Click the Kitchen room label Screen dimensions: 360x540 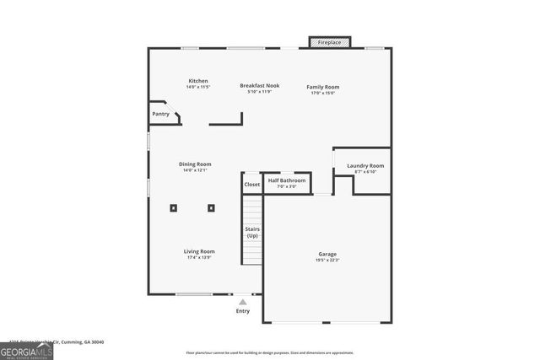click(x=197, y=81)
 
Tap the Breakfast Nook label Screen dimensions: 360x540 click(x=259, y=85)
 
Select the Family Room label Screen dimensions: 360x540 click(x=322, y=85)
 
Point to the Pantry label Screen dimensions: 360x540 click(x=160, y=114)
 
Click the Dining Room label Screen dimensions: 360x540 click(x=195, y=164)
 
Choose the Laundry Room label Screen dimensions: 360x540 click(x=365, y=165)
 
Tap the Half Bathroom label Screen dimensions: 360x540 click(x=287, y=180)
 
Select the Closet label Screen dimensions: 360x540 click(x=252, y=185)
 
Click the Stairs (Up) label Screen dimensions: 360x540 click(x=252, y=232)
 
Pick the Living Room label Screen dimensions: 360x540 click(x=200, y=251)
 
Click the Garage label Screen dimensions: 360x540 click(x=328, y=254)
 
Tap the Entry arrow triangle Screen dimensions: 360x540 click(x=243, y=301)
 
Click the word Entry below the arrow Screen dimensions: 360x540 click(x=243, y=311)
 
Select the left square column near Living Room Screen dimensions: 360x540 click(x=173, y=207)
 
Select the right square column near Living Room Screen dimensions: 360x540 click(x=211, y=207)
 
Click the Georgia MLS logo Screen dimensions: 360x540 click(x=27, y=351)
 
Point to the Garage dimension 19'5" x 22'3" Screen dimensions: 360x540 click(x=328, y=261)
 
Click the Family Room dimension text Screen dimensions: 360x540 click(x=322, y=93)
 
